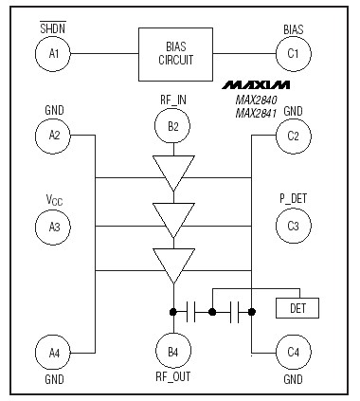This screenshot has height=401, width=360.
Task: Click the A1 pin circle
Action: pos(53,54)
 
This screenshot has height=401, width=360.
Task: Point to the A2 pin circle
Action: pos(53,136)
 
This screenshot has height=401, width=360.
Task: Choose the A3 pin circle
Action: pos(53,227)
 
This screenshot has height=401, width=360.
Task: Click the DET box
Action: pos(297,308)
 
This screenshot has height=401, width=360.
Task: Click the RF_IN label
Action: pos(172,98)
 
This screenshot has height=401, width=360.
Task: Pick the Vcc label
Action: pos(53,200)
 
